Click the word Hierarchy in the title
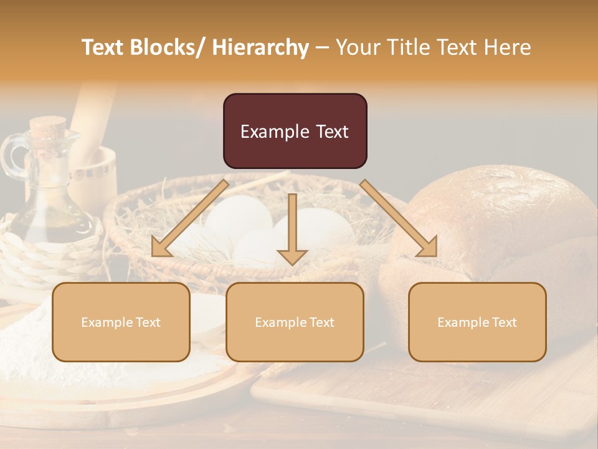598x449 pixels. (x=260, y=47)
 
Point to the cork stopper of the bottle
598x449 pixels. (x=47, y=128)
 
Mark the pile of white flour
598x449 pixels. (x=37, y=349)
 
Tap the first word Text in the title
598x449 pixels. (x=105, y=47)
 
